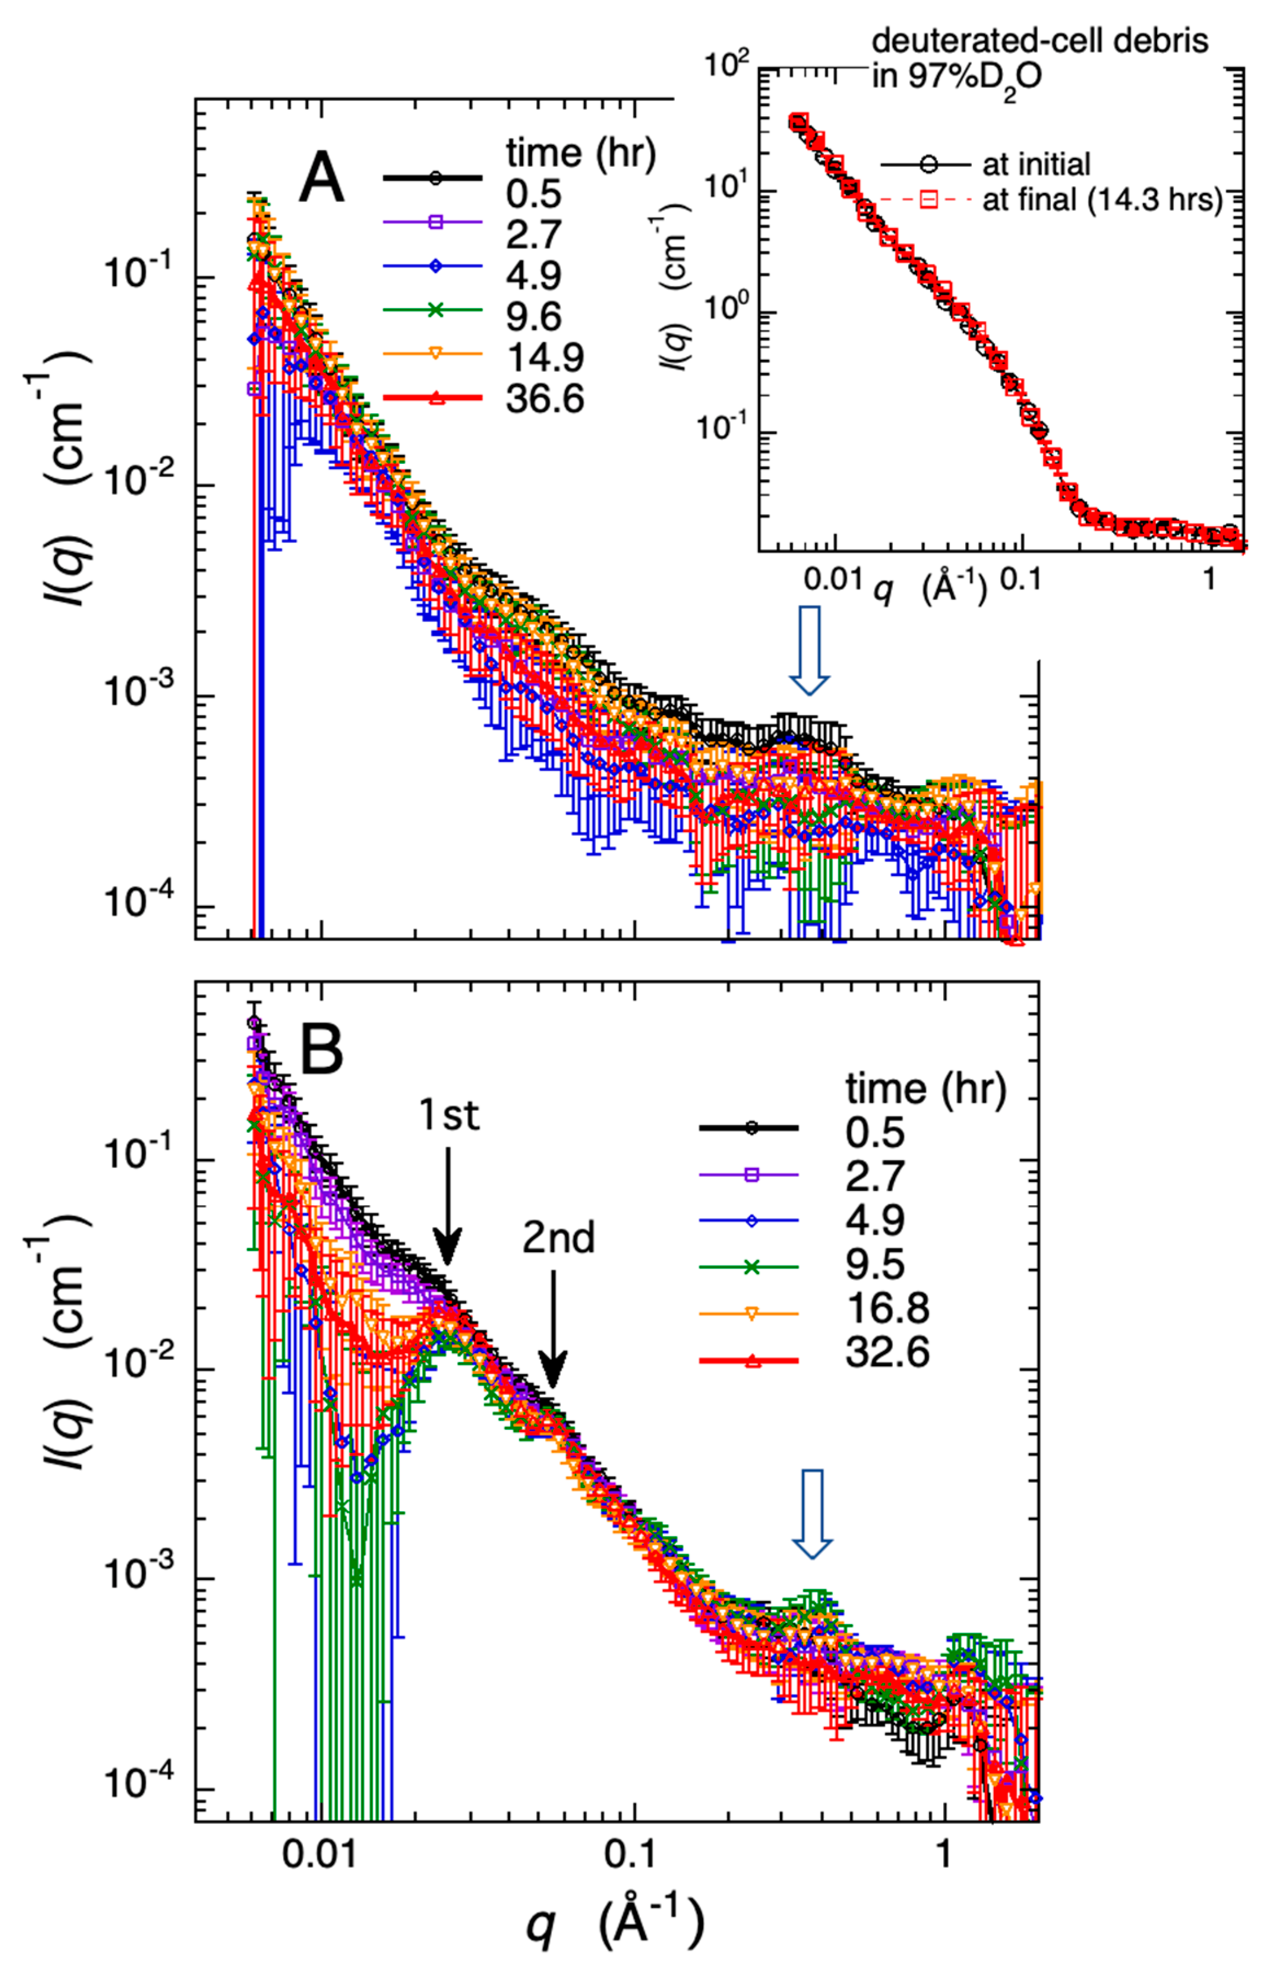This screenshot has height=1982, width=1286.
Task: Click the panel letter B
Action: (x=321, y=1050)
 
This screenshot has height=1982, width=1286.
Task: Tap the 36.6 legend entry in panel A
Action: (x=544, y=399)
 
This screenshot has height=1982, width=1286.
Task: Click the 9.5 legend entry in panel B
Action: (x=874, y=1264)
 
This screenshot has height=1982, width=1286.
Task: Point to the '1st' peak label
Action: (x=449, y=1114)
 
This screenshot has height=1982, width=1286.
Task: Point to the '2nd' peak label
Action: (x=559, y=1239)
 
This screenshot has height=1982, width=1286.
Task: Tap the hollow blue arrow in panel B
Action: (x=811, y=1512)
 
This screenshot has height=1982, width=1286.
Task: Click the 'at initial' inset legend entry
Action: (x=1035, y=164)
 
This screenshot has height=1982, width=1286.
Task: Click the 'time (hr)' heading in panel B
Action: (x=926, y=1088)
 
